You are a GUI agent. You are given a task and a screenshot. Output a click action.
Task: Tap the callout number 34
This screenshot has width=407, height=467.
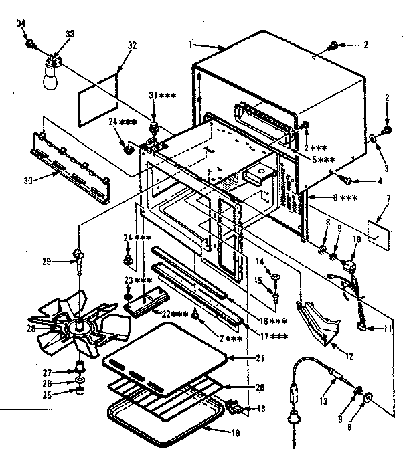(19, 25)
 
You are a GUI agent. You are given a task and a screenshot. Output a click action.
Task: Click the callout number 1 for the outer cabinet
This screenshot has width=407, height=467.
(191, 44)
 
